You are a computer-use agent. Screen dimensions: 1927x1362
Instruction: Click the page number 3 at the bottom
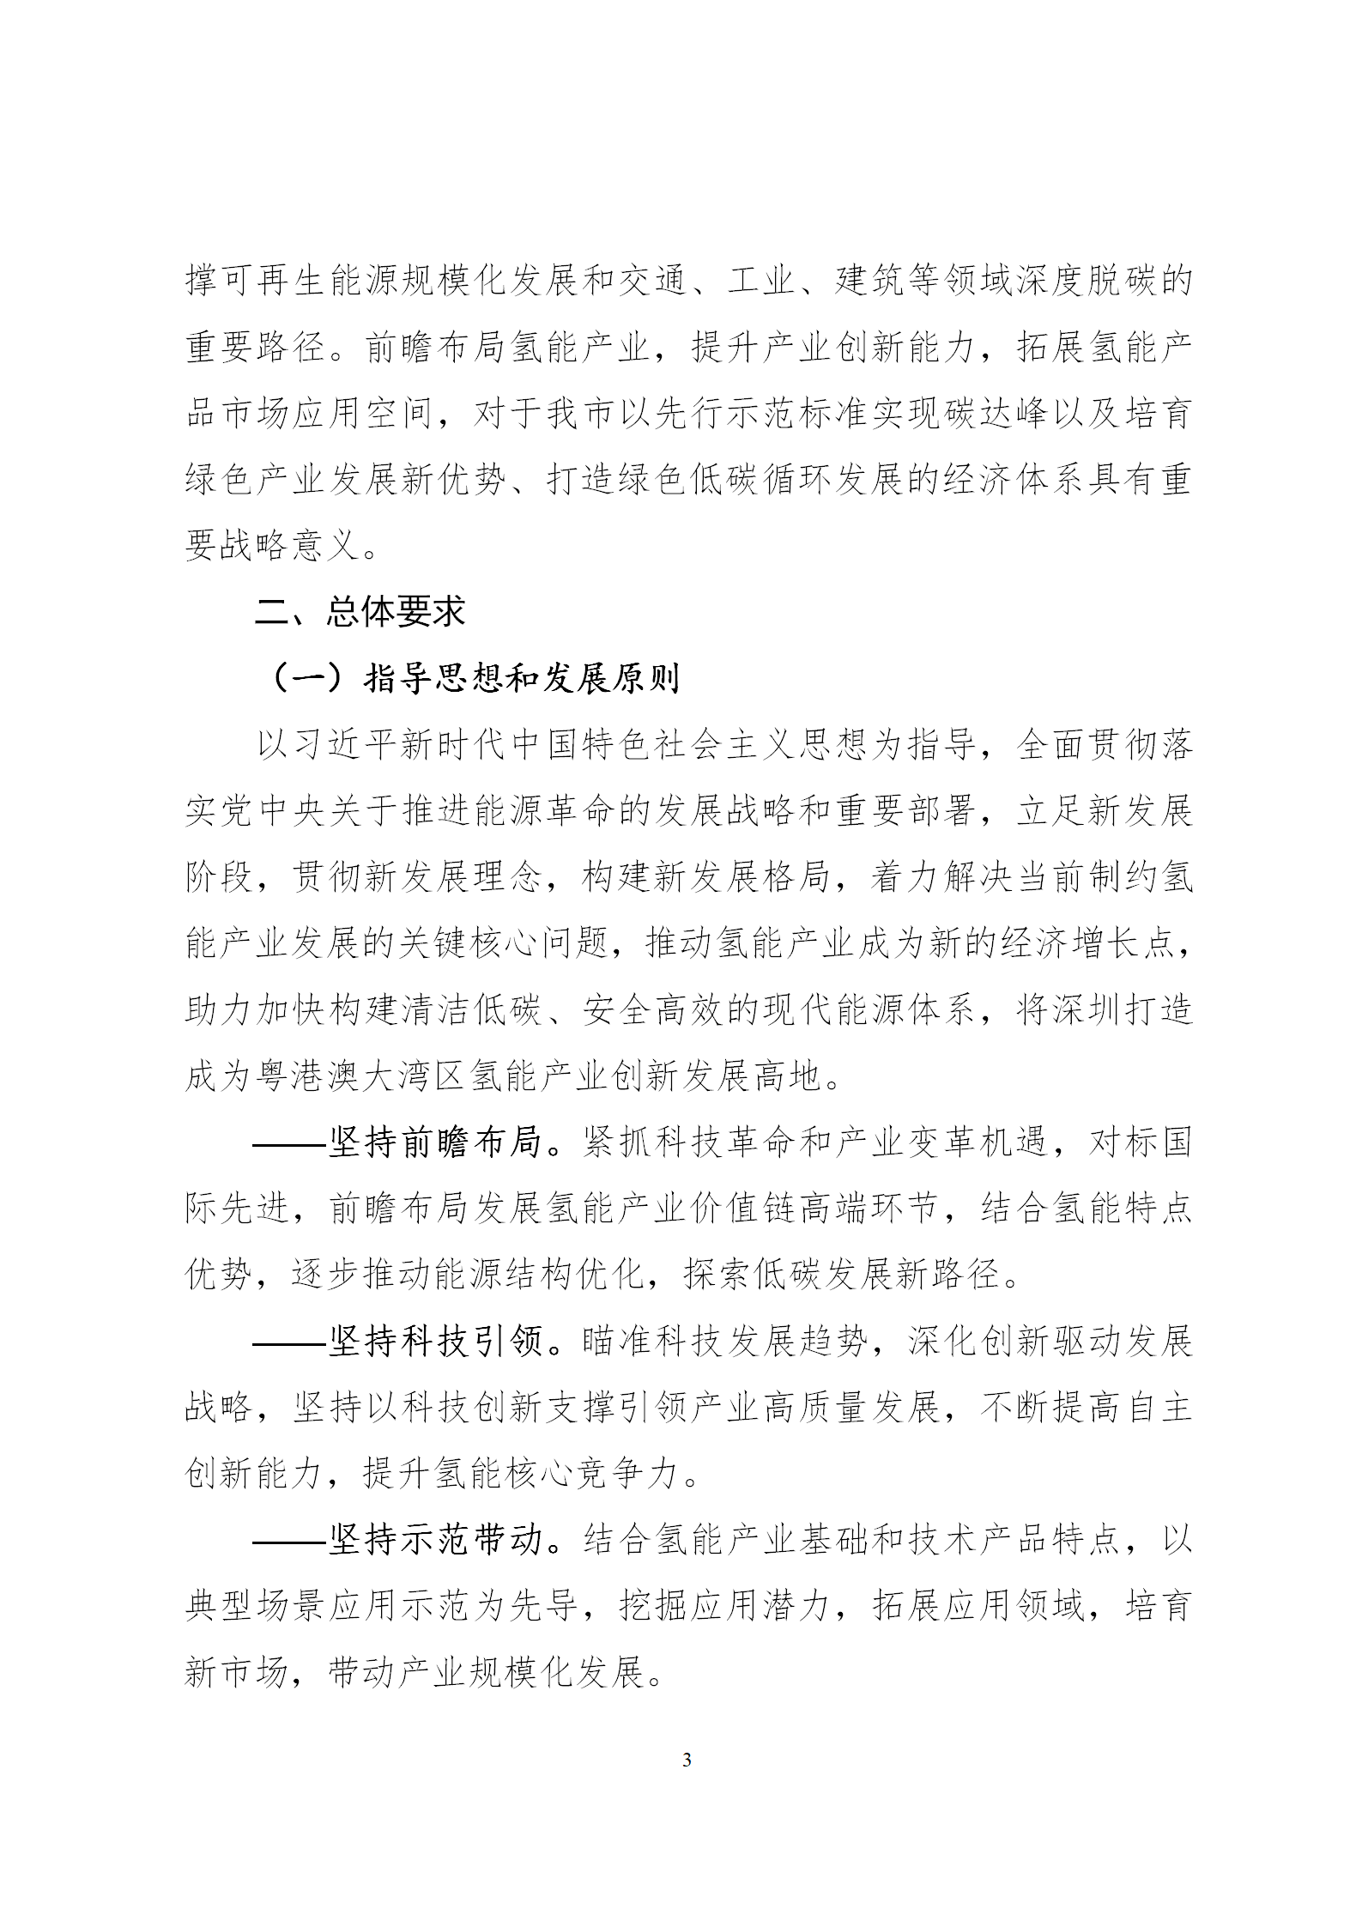686,1760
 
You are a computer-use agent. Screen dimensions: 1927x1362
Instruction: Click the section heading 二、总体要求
360,611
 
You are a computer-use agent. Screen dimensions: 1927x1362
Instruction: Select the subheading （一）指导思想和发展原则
472,678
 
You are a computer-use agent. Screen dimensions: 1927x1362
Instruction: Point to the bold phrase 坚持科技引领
435,1342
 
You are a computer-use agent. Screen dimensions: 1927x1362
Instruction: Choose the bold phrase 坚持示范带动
435,1540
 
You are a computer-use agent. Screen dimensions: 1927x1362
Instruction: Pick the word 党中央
256,811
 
